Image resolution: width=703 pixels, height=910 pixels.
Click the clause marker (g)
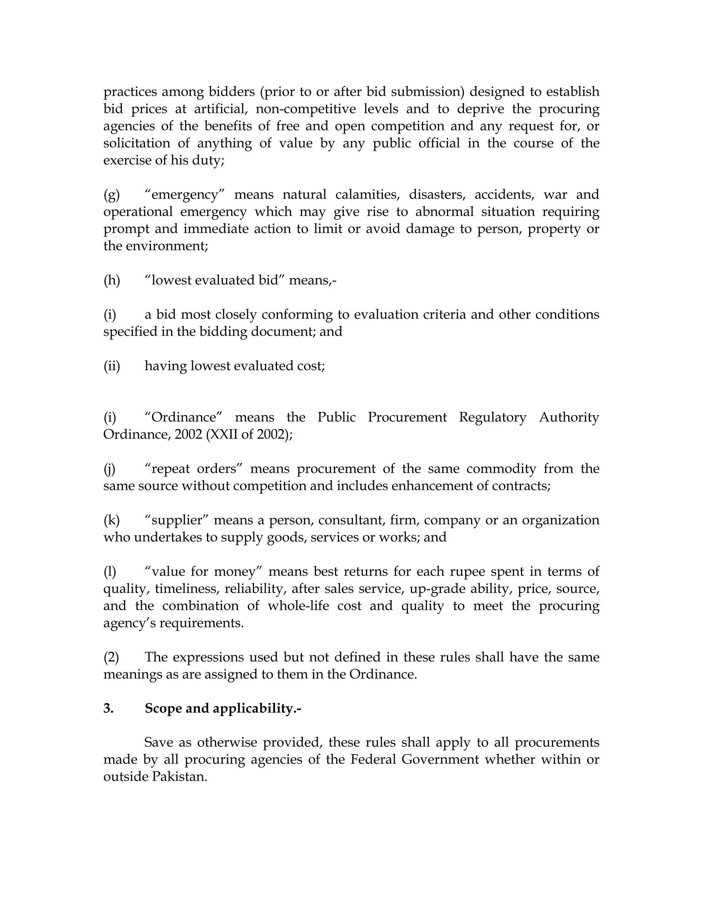point(111,195)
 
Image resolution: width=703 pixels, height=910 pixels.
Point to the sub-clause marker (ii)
point(112,366)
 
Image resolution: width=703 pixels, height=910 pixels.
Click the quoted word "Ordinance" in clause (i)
point(184,417)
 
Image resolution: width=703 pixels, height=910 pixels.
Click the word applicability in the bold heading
point(256,709)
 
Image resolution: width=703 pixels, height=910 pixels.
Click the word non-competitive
point(306,109)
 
